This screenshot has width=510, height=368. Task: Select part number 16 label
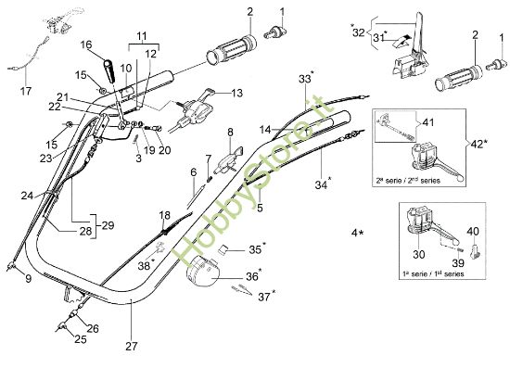coord(86,44)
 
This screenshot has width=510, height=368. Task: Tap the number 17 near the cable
coord(25,91)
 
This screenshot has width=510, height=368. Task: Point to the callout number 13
coord(236,93)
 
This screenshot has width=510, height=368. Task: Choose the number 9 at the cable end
coord(27,278)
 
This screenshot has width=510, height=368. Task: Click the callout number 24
coord(27,196)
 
